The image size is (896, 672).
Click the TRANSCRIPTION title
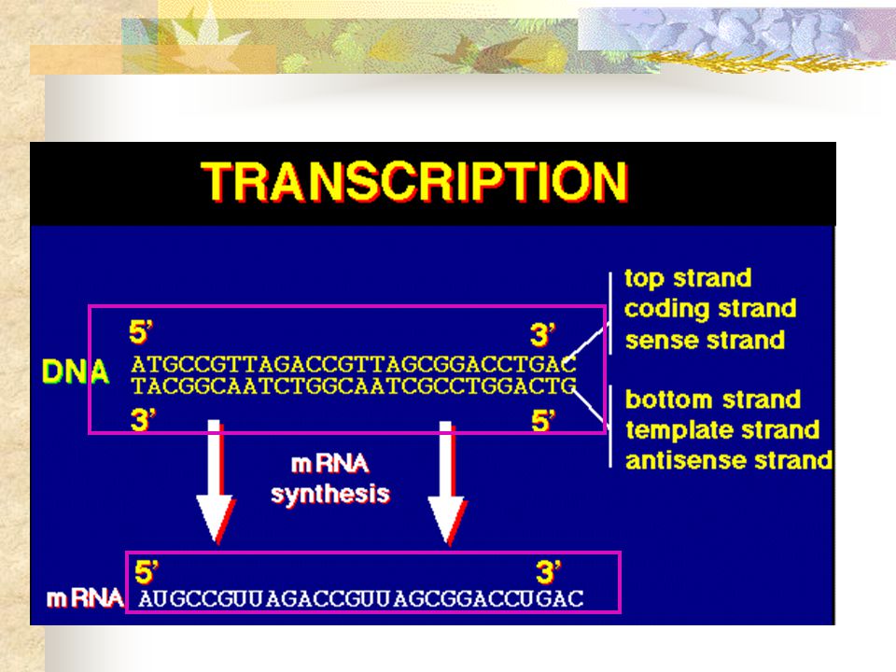click(x=414, y=182)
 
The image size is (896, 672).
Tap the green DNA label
click(x=76, y=372)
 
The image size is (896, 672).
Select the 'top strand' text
click(x=688, y=278)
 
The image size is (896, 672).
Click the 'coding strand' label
click(x=710, y=309)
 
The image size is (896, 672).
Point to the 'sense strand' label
click(x=705, y=340)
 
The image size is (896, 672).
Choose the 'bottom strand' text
click(x=712, y=399)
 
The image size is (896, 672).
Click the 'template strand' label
click(x=722, y=429)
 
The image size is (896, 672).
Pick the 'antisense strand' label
click(x=729, y=460)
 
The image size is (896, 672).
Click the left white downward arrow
click(x=215, y=482)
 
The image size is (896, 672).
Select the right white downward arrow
click(x=447, y=483)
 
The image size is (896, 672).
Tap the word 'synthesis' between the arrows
click(x=330, y=494)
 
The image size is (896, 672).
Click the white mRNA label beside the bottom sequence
click(x=85, y=598)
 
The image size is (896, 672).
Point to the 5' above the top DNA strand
click(x=141, y=332)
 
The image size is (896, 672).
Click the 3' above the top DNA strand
click(x=543, y=335)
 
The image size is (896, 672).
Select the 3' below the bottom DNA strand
click(x=143, y=420)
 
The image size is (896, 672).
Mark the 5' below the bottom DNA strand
click(x=543, y=421)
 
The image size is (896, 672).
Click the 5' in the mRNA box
click(x=147, y=572)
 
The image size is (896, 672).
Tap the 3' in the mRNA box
click(x=549, y=572)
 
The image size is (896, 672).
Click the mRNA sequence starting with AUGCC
click(x=361, y=599)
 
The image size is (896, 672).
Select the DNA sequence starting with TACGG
click(x=354, y=386)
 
